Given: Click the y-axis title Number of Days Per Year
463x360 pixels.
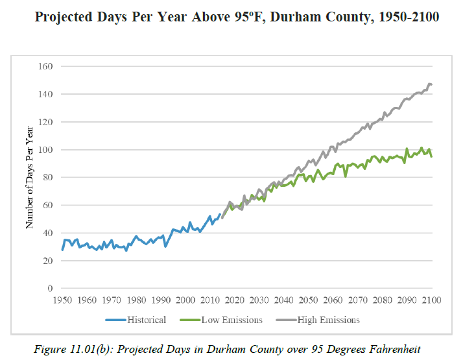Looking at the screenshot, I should pyautogui.click(x=29, y=177).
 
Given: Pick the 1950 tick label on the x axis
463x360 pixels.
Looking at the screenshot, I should pyautogui.click(x=62, y=300).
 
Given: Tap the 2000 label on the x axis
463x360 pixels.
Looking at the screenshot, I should pyautogui.click(x=185, y=300).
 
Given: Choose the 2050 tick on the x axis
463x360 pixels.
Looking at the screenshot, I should pyautogui.click(x=309, y=300).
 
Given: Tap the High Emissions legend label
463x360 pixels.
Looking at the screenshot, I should pyautogui.click(x=328, y=319).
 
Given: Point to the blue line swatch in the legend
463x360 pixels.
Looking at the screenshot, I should pyautogui.click(x=115, y=319).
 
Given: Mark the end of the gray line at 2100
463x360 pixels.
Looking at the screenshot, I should pyautogui.click(x=431, y=84).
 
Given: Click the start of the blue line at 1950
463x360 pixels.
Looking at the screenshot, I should pyautogui.click(x=62, y=250).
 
